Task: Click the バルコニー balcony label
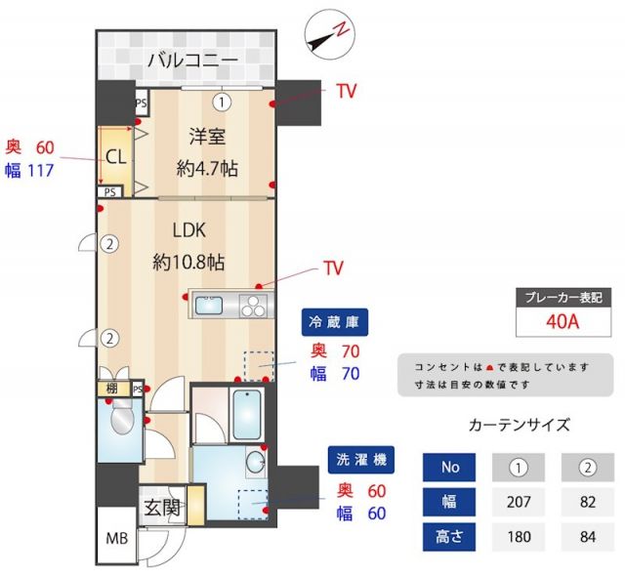click(x=192, y=61)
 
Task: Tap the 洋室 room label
click(x=207, y=138)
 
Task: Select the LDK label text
click(x=188, y=230)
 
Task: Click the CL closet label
click(x=115, y=156)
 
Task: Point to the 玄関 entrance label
click(x=162, y=508)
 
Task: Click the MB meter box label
click(x=117, y=538)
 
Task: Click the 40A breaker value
click(x=562, y=321)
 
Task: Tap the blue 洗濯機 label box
click(x=360, y=460)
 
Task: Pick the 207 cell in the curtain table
click(x=519, y=502)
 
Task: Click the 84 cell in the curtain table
click(x=588, y=536)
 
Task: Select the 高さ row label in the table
click(x=449, y=536)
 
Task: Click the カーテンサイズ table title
click(x=519, y=425)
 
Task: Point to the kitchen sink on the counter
click(x=210, y=306)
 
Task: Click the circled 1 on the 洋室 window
click(x=222, y=100)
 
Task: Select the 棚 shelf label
click(x=114, y=390)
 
